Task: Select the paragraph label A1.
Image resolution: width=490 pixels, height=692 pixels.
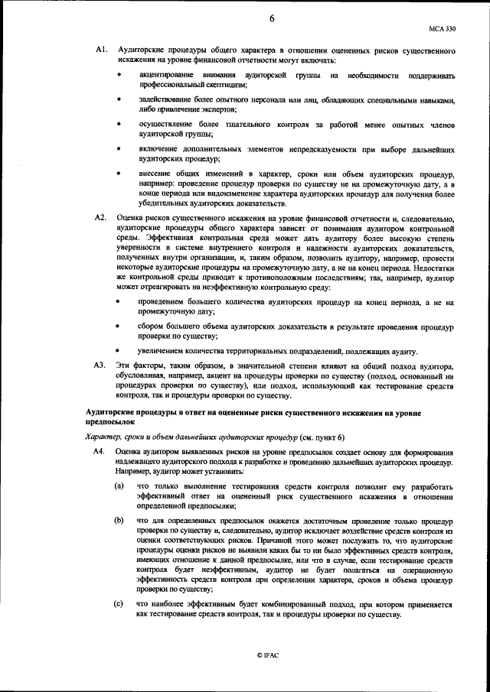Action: tap(100, 50)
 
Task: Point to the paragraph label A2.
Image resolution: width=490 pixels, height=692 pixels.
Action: tap(100, 218)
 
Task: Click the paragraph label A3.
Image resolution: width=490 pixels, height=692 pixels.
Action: tap(100, 365)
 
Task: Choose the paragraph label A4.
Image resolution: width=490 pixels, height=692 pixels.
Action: tap(100, 453)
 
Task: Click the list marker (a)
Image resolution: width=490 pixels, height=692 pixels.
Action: tap(119, 486)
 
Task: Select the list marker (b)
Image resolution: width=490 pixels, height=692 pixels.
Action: tap(119, 520)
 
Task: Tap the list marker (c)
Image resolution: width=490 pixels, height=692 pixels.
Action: tap(119, 604)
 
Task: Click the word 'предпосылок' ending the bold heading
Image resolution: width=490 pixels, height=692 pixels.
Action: tap(109, 421)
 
